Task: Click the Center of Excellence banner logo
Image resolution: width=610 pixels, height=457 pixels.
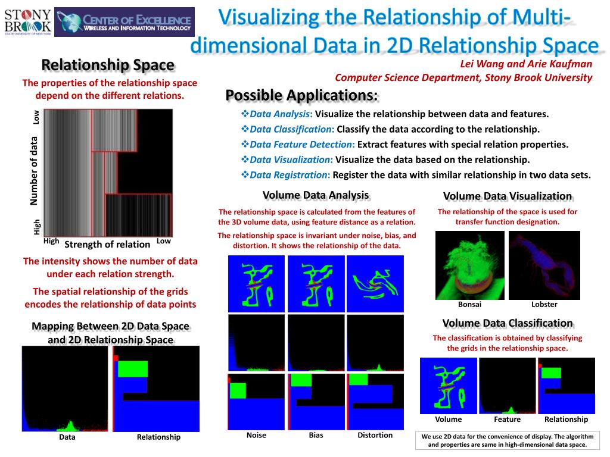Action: click(x=124, y=22)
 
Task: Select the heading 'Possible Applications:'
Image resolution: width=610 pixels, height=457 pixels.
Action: click(x=301, y=95)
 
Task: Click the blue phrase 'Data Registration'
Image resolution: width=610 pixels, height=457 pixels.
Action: click(x=289, y=175)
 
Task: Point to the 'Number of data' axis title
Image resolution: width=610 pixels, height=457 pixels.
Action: click(x=35, y=171)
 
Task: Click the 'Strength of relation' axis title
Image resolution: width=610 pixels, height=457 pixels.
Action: click(x=107, y=244)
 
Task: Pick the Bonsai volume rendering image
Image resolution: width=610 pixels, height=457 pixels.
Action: click(x=469, y=264)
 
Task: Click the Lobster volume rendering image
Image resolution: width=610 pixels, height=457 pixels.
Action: click(x=544, y=264)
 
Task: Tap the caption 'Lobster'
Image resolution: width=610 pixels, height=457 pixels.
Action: click(x=544, y=305)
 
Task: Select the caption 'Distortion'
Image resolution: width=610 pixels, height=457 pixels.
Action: click(x=375, y=435)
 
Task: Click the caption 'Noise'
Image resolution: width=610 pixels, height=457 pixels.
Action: click(x=256, y=435)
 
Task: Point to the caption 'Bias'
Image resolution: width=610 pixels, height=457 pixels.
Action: click(x=316, y=435)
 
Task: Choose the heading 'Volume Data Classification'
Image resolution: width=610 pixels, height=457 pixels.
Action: click(x=508, y=323)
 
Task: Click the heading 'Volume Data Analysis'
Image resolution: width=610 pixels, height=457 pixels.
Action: click(x=316, y=195)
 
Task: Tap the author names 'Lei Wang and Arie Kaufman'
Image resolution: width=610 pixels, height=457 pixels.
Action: click(x=526, y=64)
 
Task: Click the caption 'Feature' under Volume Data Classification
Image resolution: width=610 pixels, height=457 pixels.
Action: click(x=508, y=419)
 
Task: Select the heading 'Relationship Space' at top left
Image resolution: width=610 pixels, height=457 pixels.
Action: click(x=107, y=65)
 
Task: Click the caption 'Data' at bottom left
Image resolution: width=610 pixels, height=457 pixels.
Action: click(x=67, y=437)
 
